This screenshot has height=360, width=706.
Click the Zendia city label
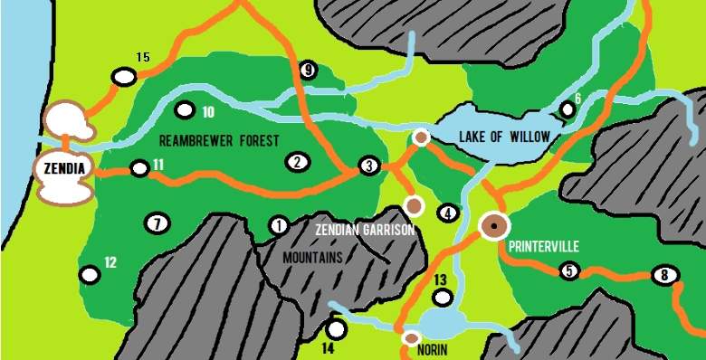point(58,167)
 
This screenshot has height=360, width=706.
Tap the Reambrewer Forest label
point(218,140)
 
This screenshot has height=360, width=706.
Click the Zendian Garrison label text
point(365,231)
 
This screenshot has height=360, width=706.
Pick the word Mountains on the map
point(313,258)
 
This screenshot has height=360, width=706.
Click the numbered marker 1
point(278,224)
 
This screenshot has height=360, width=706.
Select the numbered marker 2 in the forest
point(296,163)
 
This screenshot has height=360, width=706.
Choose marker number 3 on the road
point(367,166)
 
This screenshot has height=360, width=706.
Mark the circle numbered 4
point(447,213)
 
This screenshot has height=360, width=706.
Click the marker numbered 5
point(568,270)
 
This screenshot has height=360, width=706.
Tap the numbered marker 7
point(157,223)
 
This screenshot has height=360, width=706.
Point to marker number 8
point(664,275)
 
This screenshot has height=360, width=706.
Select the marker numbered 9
point(309,70)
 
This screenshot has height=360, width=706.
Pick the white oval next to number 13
point(442,296)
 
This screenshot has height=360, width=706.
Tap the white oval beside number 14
point(336,329)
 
